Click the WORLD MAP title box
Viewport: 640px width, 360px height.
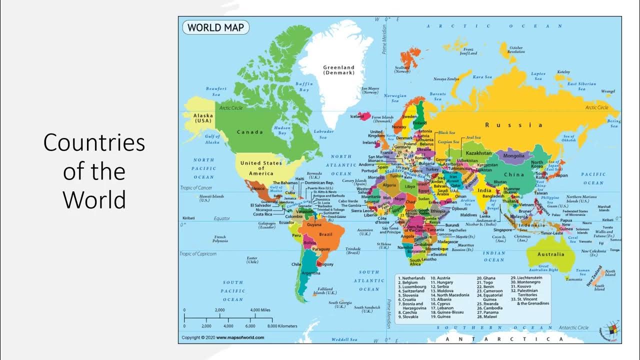click(215, 27)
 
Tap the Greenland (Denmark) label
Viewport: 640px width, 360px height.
click(338, 70)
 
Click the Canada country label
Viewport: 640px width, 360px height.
click(249, 132)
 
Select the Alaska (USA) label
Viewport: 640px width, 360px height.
click(203, 118)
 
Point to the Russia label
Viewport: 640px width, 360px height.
click(513, 125)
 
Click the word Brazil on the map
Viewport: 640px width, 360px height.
click(325, 234)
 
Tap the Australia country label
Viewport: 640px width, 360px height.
click(550, 254)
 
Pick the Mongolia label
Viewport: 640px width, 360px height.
click(513, 155)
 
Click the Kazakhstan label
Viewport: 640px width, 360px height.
click(478, 153)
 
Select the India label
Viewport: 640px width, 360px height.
click(483, 190)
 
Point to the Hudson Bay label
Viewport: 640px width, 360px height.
click(282, 131)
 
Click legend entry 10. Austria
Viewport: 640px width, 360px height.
click(440, 278)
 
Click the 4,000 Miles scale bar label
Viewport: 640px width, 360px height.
click(260, 310)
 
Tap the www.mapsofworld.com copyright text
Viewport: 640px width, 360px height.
click(240, 337)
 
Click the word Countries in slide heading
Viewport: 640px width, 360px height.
click(94, 143)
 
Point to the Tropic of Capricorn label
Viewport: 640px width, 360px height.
click(198, 254)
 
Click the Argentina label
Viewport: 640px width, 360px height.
click(311, 273)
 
